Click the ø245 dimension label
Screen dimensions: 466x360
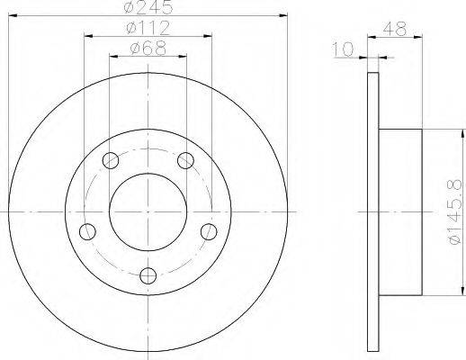[x=148, y=7]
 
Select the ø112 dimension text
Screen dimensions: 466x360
[x=148, y=28]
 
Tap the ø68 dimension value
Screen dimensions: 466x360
[x=148, y=48]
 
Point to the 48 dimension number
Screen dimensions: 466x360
[x=395, y=29]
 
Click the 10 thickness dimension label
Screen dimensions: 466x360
[x=344, y=49]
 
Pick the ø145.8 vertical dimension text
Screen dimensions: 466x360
[x=454, y=211]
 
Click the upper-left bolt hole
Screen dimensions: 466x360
[x=111, y=160]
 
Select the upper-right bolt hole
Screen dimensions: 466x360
[x=185, y=160]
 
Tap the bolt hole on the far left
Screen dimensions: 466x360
[x=87, y=231]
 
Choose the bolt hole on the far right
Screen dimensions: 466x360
[x=209, y=231]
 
